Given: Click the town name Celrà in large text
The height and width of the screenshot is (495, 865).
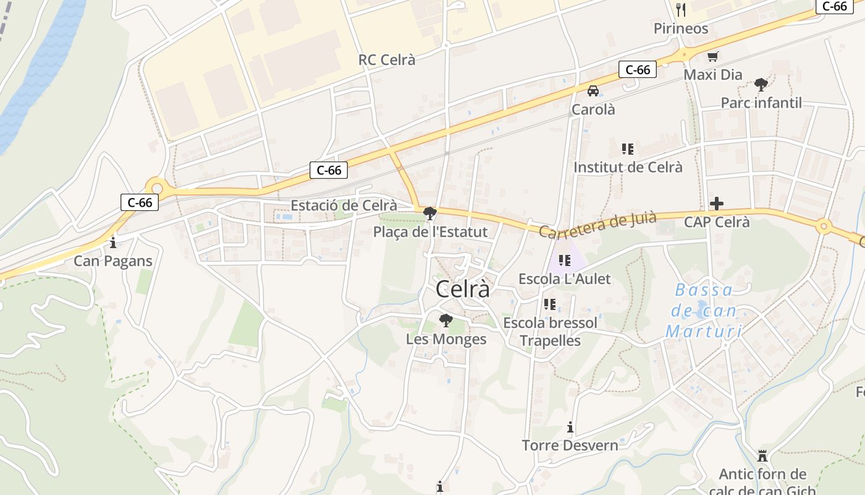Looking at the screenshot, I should coord(463,289).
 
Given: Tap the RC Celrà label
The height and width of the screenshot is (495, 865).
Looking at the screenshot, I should coord(387,60).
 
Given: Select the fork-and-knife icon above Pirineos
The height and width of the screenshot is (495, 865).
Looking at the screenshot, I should coord(681,9).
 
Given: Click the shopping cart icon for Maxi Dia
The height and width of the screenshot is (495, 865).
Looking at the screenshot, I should coord(712,57).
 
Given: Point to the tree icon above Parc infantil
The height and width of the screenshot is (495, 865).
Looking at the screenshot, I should coord(761,84).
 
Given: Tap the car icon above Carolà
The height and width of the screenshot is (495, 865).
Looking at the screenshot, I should coord(593,91).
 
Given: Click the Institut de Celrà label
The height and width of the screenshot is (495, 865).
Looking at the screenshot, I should coord(628,167).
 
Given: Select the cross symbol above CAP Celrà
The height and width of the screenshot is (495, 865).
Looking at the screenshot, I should coord(717,203).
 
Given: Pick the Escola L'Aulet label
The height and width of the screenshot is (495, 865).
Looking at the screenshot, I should coord(564,278).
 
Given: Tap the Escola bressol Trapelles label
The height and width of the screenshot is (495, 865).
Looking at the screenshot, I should coord(550,332).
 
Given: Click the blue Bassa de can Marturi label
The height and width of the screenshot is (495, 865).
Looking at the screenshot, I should coord(703,311).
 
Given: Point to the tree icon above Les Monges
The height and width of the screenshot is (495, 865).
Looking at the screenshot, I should coord(445,321).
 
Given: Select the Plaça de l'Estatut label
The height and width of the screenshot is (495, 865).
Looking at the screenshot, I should coord(430,232).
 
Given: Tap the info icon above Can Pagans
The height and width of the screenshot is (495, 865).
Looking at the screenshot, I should coord(112,242).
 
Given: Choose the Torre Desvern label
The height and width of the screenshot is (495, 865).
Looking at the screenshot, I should coord(570,445).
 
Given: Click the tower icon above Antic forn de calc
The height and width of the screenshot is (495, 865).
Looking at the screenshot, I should coord(762,456).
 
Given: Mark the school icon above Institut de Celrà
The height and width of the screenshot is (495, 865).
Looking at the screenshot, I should coord(628,148).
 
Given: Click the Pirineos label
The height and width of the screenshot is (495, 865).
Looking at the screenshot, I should coord(681,28).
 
